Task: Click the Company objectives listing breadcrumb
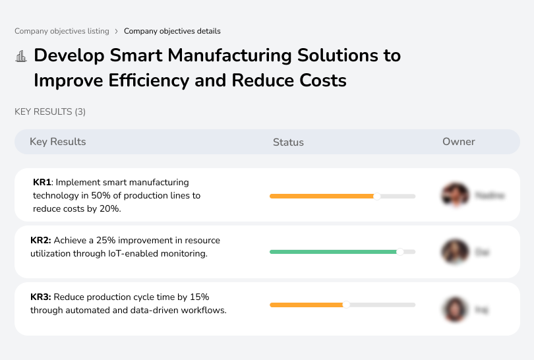[x=62, y=31]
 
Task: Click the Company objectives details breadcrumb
[x=172, y=31]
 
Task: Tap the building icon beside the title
[x=21, y=56]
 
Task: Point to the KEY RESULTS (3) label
[x=50, y=112]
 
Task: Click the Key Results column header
[x=58, y=142]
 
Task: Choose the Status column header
[x=288, y=142]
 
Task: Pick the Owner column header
[x=459, y=142]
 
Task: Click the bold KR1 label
[x=42, y=183]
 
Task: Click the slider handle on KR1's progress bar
[x=377, y=196]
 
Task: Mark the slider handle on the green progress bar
[x=400, y=252]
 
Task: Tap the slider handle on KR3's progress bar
[x=346, y=305]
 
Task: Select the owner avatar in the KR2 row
[x=454, y=252]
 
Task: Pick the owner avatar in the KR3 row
[x=454, y=309]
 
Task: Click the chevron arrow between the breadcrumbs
[x=117, y=31]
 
